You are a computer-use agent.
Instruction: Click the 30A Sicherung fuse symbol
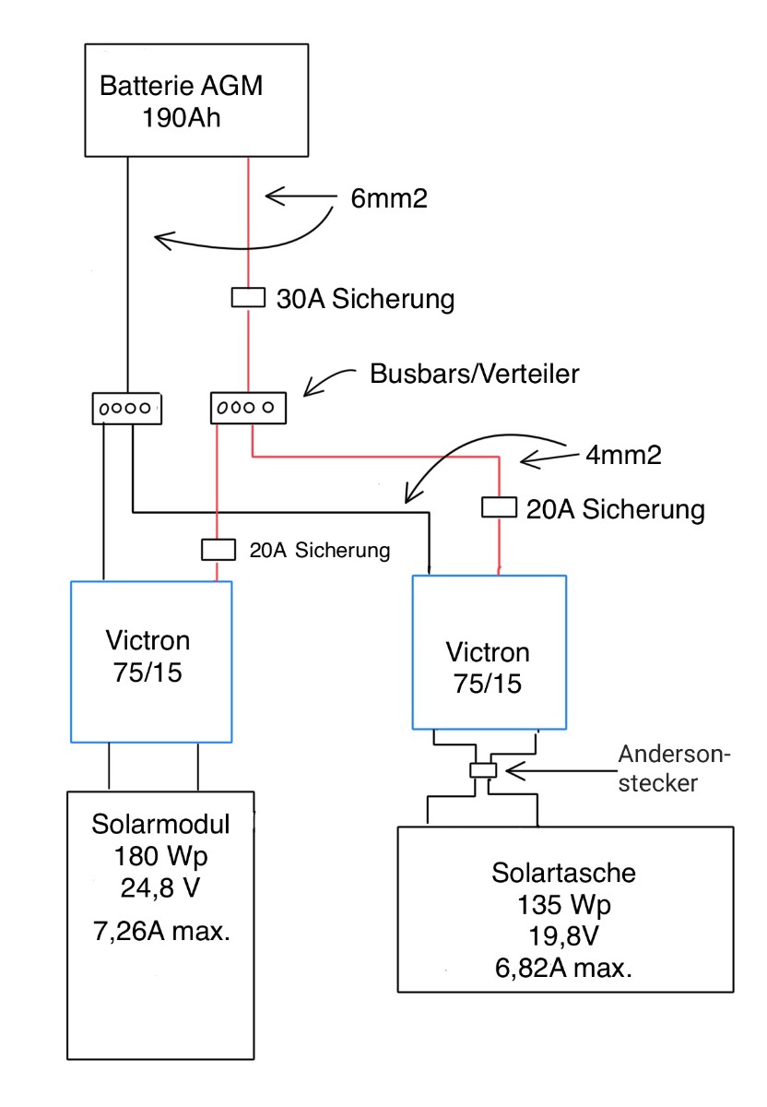[x=248, y=297]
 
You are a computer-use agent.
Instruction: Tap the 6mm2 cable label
[x=389, y=198]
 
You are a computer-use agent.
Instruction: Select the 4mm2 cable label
[x=623, y=455]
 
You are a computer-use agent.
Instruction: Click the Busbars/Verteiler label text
[x=474, y=374]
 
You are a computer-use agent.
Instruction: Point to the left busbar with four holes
[x=127, y=408]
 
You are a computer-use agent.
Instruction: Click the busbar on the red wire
[x=248, y=408]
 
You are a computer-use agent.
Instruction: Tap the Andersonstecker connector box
[x=482, y=770]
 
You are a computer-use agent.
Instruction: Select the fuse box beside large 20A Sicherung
[x=499, y=507]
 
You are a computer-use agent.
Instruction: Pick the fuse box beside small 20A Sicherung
[x=218, y=550]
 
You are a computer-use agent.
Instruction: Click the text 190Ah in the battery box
[x=182, y=118]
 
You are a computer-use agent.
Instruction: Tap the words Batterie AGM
[x=181, y=86]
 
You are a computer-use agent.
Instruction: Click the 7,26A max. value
[x=161, y=932]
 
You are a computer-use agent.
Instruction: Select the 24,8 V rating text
[x=160, y=888]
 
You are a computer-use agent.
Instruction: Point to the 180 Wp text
[x=160, y=856]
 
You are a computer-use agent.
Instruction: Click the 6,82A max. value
[x=563, y=968]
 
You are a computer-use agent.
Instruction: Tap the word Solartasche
[x=563, y=873]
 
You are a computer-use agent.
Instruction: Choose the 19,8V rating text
[x=563, y=936]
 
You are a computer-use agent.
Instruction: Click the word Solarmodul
[x=160, y=825]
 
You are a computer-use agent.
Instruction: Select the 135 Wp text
[x=563, y=905]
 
